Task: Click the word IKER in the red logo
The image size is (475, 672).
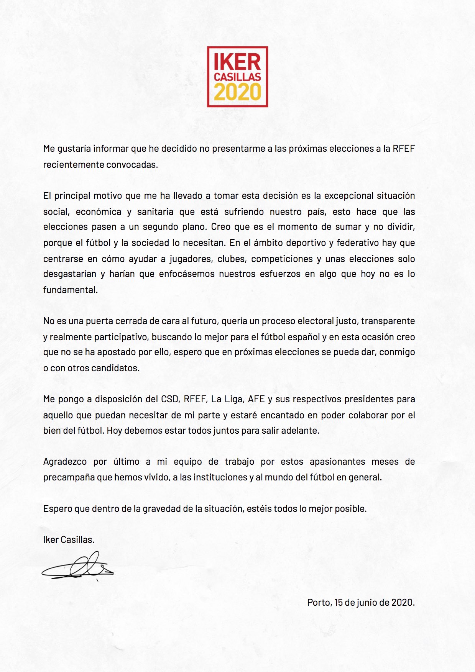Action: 237,62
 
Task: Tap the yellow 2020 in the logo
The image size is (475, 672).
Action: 237,92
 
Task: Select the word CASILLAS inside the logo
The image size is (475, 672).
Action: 237,77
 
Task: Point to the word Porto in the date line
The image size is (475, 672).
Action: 319,602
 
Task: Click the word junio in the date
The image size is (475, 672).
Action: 367,602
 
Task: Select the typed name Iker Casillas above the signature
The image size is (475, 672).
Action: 69,539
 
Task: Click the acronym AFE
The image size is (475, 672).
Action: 256,399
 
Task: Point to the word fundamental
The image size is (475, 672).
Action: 70,290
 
